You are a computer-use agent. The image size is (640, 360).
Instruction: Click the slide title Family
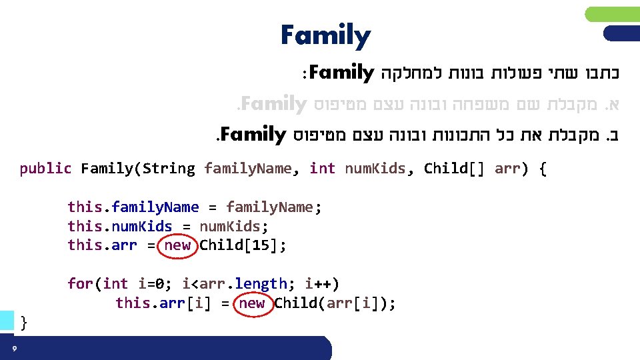pyautogui.click(x=325, y=36)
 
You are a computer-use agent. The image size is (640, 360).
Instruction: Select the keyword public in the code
pyautogui.click(x=45, y=169)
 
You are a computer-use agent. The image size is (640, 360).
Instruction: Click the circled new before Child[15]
pyautogui.click(x=177, y=245)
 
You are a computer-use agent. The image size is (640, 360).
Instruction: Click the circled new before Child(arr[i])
pyautogui.click(x=252, y=304)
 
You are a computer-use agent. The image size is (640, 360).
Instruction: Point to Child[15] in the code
pyautogui.click(x=243, y=245)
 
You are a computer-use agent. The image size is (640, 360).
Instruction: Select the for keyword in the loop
pyautogui.click(x=80, y=284)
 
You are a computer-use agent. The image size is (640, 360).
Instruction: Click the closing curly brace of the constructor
pyautogui.click(x=25, y=323)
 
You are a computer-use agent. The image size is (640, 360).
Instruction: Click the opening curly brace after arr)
pyautogui.click(x=541, y=169)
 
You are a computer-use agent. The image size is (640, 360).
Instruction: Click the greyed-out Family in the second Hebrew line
pyautogui.click(x=273, y=104)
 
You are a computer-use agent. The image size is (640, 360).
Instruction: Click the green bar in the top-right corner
pyautogui.click(x=612, y=14)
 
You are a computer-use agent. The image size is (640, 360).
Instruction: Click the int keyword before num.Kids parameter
pyautogui.click(x=323, y=169)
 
